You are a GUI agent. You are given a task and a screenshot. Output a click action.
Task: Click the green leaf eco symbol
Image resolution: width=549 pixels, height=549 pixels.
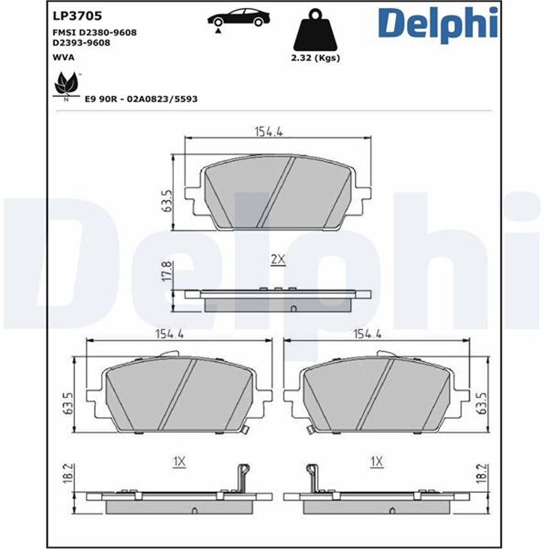(x=67, y=85)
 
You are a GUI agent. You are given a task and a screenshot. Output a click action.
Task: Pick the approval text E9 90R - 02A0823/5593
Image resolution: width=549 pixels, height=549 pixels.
(x=141, y=99)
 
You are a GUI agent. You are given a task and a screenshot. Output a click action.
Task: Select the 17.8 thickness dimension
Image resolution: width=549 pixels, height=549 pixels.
(x=167, y=271)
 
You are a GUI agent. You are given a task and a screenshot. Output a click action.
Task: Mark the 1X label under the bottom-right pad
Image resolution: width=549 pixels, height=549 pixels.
(x=377, y=463)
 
